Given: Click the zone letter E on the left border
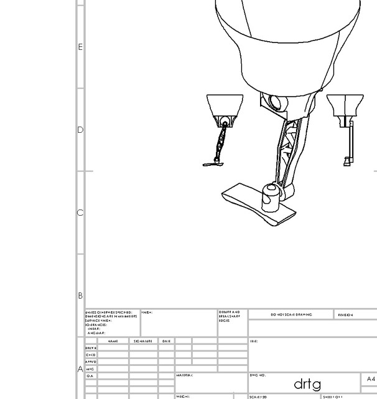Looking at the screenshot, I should click(x=80, y=47).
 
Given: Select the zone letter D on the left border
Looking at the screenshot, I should click(x=80, y=130).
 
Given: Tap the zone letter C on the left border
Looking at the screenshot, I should click(x=80, y=213).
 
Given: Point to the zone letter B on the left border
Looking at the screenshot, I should click(x=80, y=296).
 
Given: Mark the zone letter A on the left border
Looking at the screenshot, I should click(x=80, y=369).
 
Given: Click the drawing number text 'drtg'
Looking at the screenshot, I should click(x=307, y=382).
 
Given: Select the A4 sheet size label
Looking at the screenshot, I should click(x=371, y=379).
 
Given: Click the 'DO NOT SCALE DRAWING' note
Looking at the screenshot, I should click(x=291, y=315).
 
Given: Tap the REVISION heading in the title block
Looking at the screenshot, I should click(x=345, y=315).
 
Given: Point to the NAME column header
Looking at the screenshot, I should click(x=113, y=341).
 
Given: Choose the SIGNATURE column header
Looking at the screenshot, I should click(x=143, y=341).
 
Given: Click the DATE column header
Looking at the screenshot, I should click(x=166, y=341).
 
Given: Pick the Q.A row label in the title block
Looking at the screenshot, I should click(x=90, y=377).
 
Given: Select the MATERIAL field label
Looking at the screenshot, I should click(x=185, y=376).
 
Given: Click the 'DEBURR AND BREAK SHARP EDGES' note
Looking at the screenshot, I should click(x=229, y=316).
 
